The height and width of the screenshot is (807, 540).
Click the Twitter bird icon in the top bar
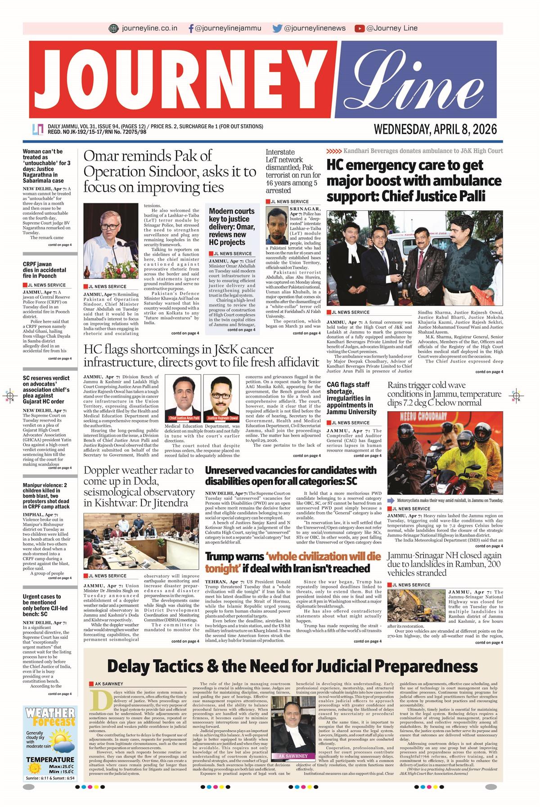tap(277, 28)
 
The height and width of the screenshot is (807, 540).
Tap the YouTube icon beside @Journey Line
tap(359, 28)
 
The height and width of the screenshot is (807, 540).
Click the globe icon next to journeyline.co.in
tap(114, 28)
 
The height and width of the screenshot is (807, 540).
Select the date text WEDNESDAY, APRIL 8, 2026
tap(435, 130)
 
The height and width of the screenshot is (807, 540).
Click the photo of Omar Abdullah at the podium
tap(110, 241)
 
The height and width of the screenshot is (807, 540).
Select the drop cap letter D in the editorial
tap(95, 700)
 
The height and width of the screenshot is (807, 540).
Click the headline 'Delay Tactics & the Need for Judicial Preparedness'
tap(292, 666)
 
